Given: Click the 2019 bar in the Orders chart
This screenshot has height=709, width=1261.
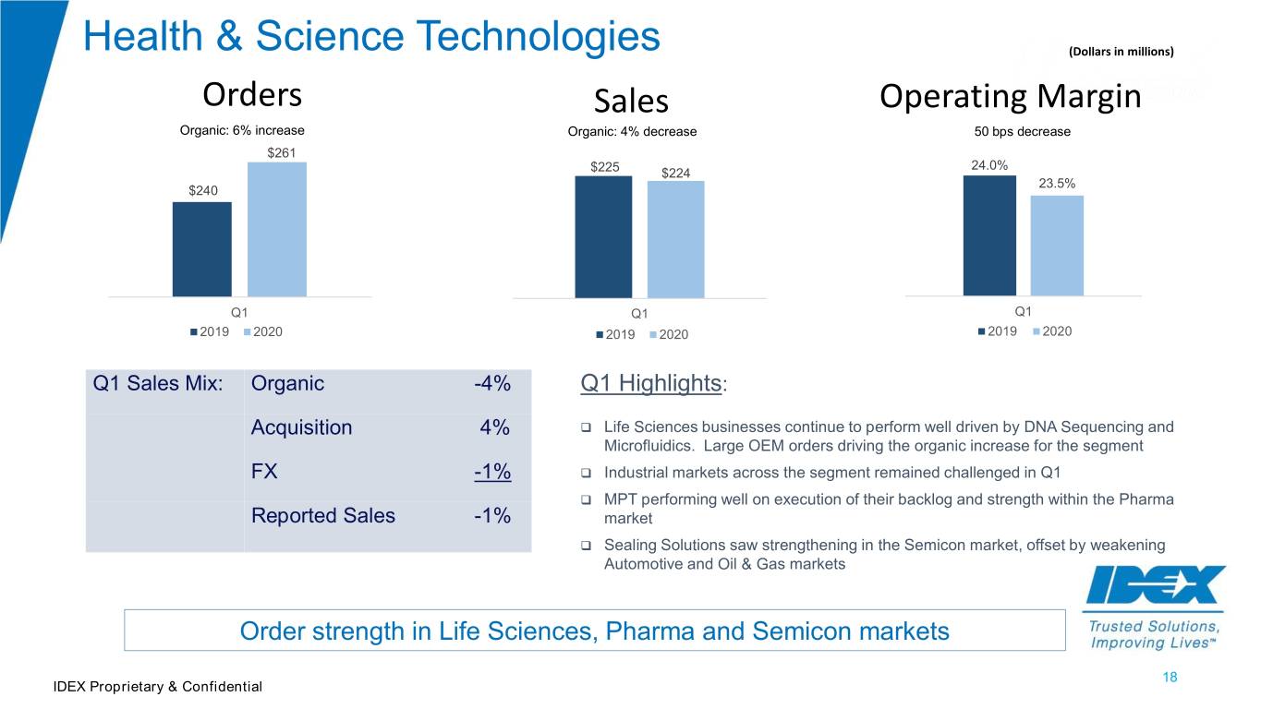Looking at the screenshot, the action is click(201, 249).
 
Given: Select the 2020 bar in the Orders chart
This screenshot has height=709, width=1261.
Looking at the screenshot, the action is click(277, 230).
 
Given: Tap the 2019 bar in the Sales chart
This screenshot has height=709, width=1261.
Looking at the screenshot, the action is click(603, 237).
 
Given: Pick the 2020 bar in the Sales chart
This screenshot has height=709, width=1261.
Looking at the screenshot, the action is click(675, 239).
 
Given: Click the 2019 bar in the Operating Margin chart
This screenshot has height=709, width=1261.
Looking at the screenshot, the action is click(989, 235).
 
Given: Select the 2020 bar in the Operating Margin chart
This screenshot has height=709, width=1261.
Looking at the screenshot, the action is click(1057, 246).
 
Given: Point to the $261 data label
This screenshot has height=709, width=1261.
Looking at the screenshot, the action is click(282, 153).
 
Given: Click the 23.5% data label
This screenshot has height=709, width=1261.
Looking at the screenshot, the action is click(1057, 184).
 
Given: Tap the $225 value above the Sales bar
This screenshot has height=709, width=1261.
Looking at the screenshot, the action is click(604, 167).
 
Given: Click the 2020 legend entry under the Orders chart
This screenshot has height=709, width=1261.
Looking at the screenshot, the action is click(263, 332).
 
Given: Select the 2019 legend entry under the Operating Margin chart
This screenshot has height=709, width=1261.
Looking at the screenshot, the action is click(998, 331).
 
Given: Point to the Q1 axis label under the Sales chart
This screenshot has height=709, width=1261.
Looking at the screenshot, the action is click(639, 314).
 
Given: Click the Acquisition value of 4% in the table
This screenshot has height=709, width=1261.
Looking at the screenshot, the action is click(495, 427).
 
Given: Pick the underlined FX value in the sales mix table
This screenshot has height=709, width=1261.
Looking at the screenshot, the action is click(492, 472).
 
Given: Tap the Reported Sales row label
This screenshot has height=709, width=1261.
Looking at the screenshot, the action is click(323, 515).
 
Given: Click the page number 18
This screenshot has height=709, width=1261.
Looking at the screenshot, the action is click(1170, 677).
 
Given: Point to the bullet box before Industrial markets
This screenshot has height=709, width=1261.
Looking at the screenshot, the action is click(586, 473).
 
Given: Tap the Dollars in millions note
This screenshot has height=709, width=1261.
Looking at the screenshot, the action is click(1122, 52).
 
